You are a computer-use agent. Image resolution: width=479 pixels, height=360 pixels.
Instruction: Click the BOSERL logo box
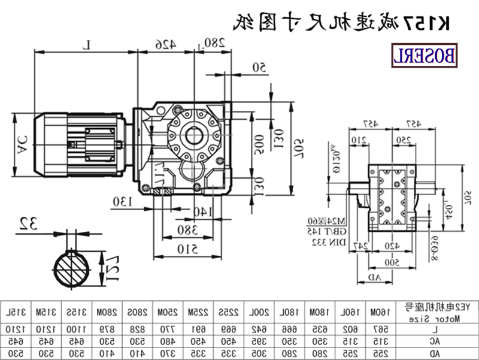pos(424,55)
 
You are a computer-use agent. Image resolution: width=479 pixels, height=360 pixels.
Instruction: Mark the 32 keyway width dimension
pos(28,225)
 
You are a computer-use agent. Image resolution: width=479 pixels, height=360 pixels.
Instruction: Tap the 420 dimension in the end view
pos(392,246)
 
